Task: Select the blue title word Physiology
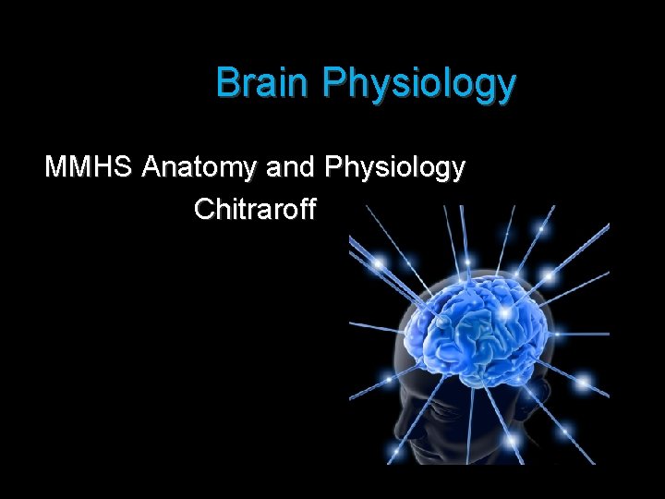pos(419,85)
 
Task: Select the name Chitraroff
pos(255,210)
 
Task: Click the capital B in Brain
pos(226,83)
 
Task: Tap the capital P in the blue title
pos(333,83)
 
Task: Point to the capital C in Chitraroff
pos(204,210)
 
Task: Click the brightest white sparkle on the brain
pos(504,314)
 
